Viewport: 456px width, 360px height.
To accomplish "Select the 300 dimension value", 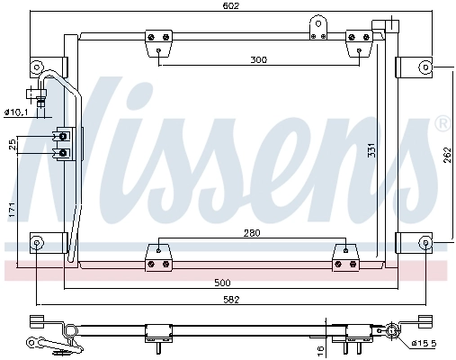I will (x=259, y=60).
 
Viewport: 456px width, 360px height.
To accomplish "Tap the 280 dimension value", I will (x=251, y=234).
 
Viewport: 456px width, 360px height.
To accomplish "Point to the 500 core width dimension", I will (x=235, y=282).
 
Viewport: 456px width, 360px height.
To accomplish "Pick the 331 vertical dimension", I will (x=371, y=150).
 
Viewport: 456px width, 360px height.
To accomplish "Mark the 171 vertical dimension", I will (x=12, y=211).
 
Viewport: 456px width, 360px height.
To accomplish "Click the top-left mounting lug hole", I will (x=37, y=67).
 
